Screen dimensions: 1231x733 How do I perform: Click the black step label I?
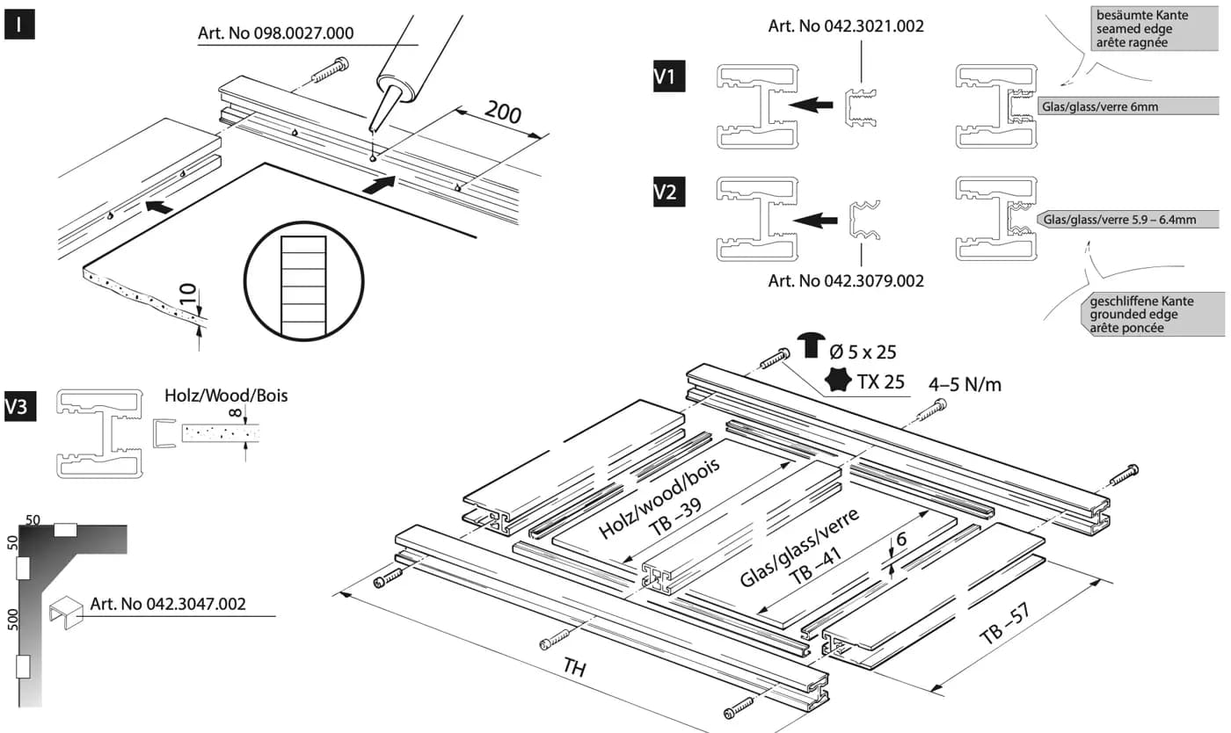point(19,25)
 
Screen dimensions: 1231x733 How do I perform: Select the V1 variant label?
point(669,76)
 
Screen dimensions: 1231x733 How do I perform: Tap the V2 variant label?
point(669,192)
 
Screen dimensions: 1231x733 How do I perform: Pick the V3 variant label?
point(19,406)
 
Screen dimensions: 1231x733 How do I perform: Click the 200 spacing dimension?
point(502,112)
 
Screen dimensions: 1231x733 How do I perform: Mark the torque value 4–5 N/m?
point(965,385)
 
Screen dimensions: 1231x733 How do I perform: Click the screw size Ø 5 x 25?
point(863,352)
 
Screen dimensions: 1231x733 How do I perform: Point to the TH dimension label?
point(574,668)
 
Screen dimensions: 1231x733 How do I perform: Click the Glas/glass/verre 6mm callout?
point(1127,106)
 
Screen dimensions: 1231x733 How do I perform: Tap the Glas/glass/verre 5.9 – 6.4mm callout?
point(1127,219)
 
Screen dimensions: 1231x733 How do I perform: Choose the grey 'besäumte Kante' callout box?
point(1154,29)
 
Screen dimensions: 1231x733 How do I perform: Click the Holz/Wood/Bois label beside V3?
point(226,396)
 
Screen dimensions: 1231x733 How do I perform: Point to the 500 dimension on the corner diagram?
point(12,620)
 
